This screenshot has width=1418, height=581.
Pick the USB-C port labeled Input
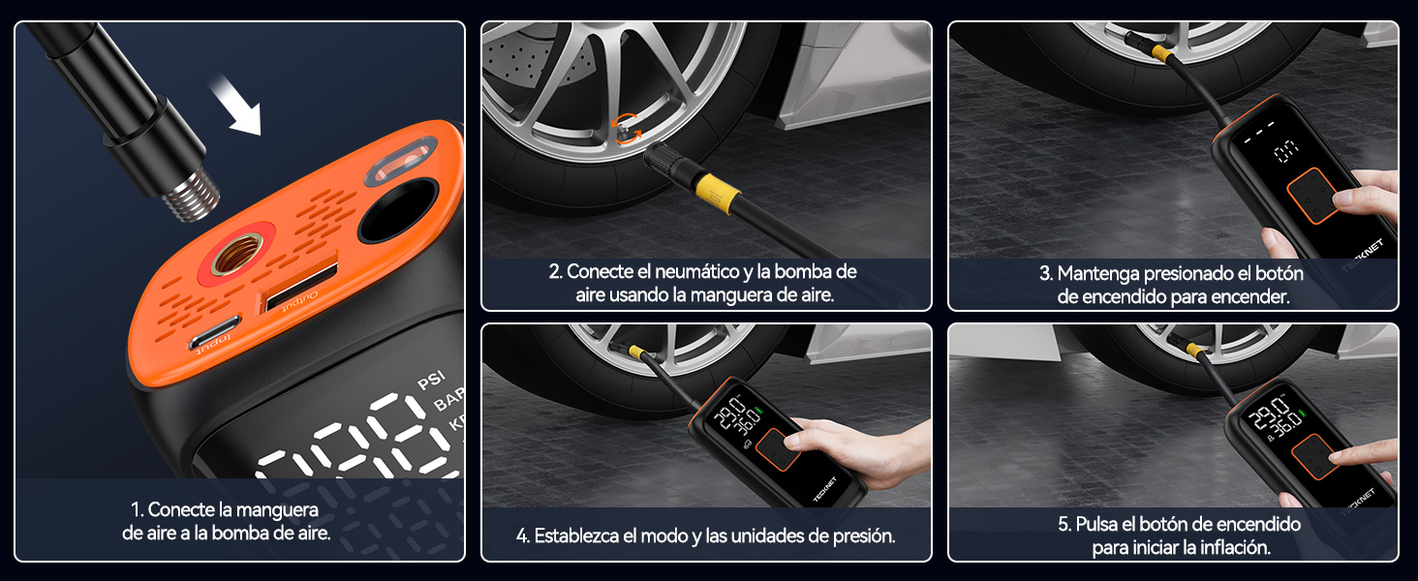pyautogui.click(x=216, y=334)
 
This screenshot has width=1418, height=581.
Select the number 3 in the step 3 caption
pyautogui.click(x=1044, y=274)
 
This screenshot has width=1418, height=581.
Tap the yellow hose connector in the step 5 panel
pyautogui.click(x=1196, y=351)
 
